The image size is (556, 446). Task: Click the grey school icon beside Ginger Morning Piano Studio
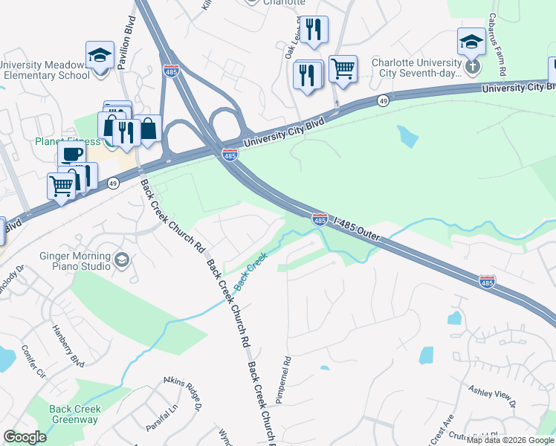click(x=123, y=259)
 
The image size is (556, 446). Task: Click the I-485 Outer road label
click(x=358, y=229)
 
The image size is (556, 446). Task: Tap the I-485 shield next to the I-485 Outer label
click(x=320, y=219)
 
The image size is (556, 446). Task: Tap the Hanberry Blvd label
click(x=68, y=343)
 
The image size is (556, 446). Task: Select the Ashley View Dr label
click(x=491, y=396)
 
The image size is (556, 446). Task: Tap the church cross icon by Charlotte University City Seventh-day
click(x=472, y=66)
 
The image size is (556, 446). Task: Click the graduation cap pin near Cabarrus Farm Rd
click(x=471, y=42)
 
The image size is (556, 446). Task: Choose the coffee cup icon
click(x=72, y=154)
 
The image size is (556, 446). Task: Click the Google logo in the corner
click(x=25, y=437)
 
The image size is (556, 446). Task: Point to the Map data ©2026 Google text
click(x=510, y=441)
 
